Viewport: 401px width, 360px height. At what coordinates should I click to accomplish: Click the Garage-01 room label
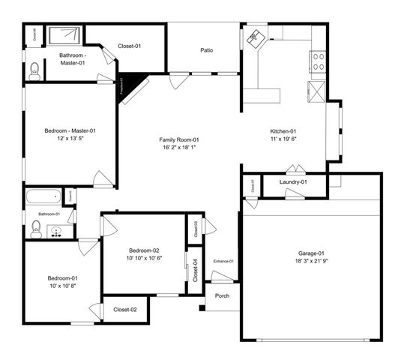tap(310, 253)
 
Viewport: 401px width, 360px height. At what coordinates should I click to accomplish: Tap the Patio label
tap(206, 50)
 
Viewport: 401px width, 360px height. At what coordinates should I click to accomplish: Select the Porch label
tap(223, 295)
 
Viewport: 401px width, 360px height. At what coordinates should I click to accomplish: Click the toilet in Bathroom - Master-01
tap(33, 72)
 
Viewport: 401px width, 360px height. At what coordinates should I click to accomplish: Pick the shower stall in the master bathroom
tap(64, 35)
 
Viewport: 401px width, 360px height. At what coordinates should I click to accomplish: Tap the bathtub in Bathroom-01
tap(42, 199)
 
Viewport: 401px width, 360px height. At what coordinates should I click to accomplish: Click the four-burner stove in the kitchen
tap(318, 61)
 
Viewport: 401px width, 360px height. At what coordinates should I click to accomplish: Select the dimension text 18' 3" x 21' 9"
tap(310, 262)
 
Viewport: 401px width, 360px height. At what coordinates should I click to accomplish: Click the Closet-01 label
tap(129, 46)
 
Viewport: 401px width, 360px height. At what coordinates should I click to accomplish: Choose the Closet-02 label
tap(124, 309)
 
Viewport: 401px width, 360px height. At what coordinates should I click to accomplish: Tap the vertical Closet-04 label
tap(194, 269)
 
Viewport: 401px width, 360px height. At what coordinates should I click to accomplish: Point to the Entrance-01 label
tap(223, 261)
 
